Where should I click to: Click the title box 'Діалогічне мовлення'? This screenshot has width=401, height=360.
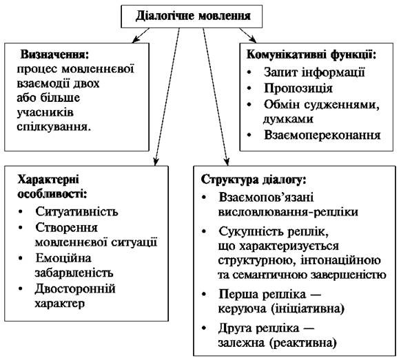192,16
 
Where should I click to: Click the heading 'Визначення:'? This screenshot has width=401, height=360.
54,54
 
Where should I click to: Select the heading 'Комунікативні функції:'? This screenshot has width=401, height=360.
311,54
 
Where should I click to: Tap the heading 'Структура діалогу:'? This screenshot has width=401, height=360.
254,180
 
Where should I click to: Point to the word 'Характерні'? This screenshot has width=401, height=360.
48,180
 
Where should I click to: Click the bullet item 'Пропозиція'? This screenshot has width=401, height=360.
298,88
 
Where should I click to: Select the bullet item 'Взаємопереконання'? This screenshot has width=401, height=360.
322,135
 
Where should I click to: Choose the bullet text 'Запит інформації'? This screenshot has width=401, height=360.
314,72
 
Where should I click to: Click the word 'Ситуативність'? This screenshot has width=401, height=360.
76,211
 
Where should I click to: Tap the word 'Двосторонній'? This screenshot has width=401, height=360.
75,289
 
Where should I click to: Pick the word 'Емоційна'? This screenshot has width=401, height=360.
63,258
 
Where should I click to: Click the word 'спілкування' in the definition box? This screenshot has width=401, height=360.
54,127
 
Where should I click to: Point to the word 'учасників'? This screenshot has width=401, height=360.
45,112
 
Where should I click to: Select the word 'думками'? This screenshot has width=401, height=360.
288,119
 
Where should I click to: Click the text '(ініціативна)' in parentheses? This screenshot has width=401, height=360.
307,308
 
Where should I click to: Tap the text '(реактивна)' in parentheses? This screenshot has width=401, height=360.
302,343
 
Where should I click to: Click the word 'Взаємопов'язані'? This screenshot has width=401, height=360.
266,198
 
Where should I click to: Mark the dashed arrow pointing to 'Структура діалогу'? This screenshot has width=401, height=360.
216,97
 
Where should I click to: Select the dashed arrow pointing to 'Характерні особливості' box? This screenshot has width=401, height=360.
167,97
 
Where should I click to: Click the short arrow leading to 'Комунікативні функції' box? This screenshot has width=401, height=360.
248,35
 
